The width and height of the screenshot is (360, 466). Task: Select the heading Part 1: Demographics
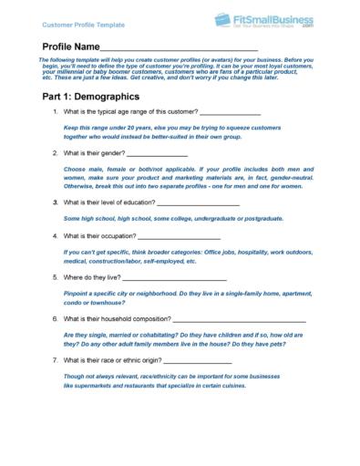91,95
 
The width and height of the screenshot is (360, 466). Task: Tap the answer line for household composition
239,319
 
